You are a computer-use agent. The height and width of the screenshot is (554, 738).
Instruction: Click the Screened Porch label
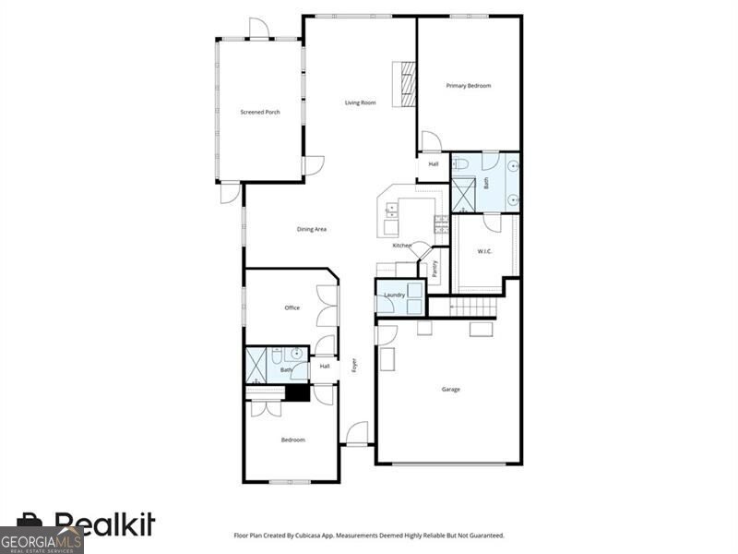pyautogui.click(x=259, y=112)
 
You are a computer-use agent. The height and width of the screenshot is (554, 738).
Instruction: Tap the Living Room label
pyautogui.click(x=360, y=102)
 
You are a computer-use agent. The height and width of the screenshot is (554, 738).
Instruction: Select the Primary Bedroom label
pyautogui.click(x=469, y=86)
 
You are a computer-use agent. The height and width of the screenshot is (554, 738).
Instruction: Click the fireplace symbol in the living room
pyautogui.click(x=404, y=84)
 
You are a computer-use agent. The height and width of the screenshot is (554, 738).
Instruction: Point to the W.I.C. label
pyautogui.click(x=484, y=251)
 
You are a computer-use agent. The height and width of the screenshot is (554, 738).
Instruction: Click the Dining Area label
pyautogui.click(x=312, y=229)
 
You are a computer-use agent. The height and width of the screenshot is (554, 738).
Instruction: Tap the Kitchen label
pyautogui.click(x=401, y=246)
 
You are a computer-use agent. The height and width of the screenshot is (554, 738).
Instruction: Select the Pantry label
pyautogui.click(x=434, y=269)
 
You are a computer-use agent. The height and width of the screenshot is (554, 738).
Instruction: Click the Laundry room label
pyautogui.click(x=394, y=295)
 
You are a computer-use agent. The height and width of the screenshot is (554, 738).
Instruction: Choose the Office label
pyautogui.click(x=292, y=307)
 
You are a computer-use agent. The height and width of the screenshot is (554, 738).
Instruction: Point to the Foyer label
pyautogui.click(x=352, y=365)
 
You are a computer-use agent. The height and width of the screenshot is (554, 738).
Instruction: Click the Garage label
pyautogui.click(x=450, y=389)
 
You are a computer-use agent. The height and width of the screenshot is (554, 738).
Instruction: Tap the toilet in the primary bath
pyautogui.click(x=461, y=163)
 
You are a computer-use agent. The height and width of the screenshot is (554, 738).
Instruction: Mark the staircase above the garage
pyautogui.click(x=475, y=307)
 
